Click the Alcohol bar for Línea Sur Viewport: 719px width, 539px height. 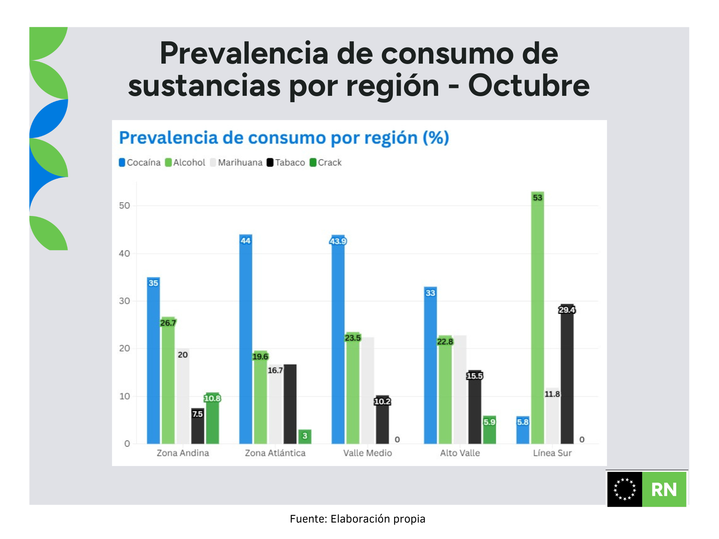pos(537,318)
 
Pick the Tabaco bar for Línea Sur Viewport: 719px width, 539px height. pos(567,374)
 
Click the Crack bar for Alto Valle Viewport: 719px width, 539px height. pos(489,430)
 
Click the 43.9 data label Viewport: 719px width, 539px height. pos(338,241)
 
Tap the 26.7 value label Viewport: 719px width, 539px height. pos(168,323)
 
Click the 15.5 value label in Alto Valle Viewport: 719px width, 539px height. pos(474,376)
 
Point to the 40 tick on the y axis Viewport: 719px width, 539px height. pos(124,254)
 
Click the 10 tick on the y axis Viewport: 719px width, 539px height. pos(124,396)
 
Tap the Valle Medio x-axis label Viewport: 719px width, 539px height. pos(367,453)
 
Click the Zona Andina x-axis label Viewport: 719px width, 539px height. pos(183,453)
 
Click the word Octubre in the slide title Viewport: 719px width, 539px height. pos(528,86)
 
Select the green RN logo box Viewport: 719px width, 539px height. pos(664,490)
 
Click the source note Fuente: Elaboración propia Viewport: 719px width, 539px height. pos(358,519)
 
